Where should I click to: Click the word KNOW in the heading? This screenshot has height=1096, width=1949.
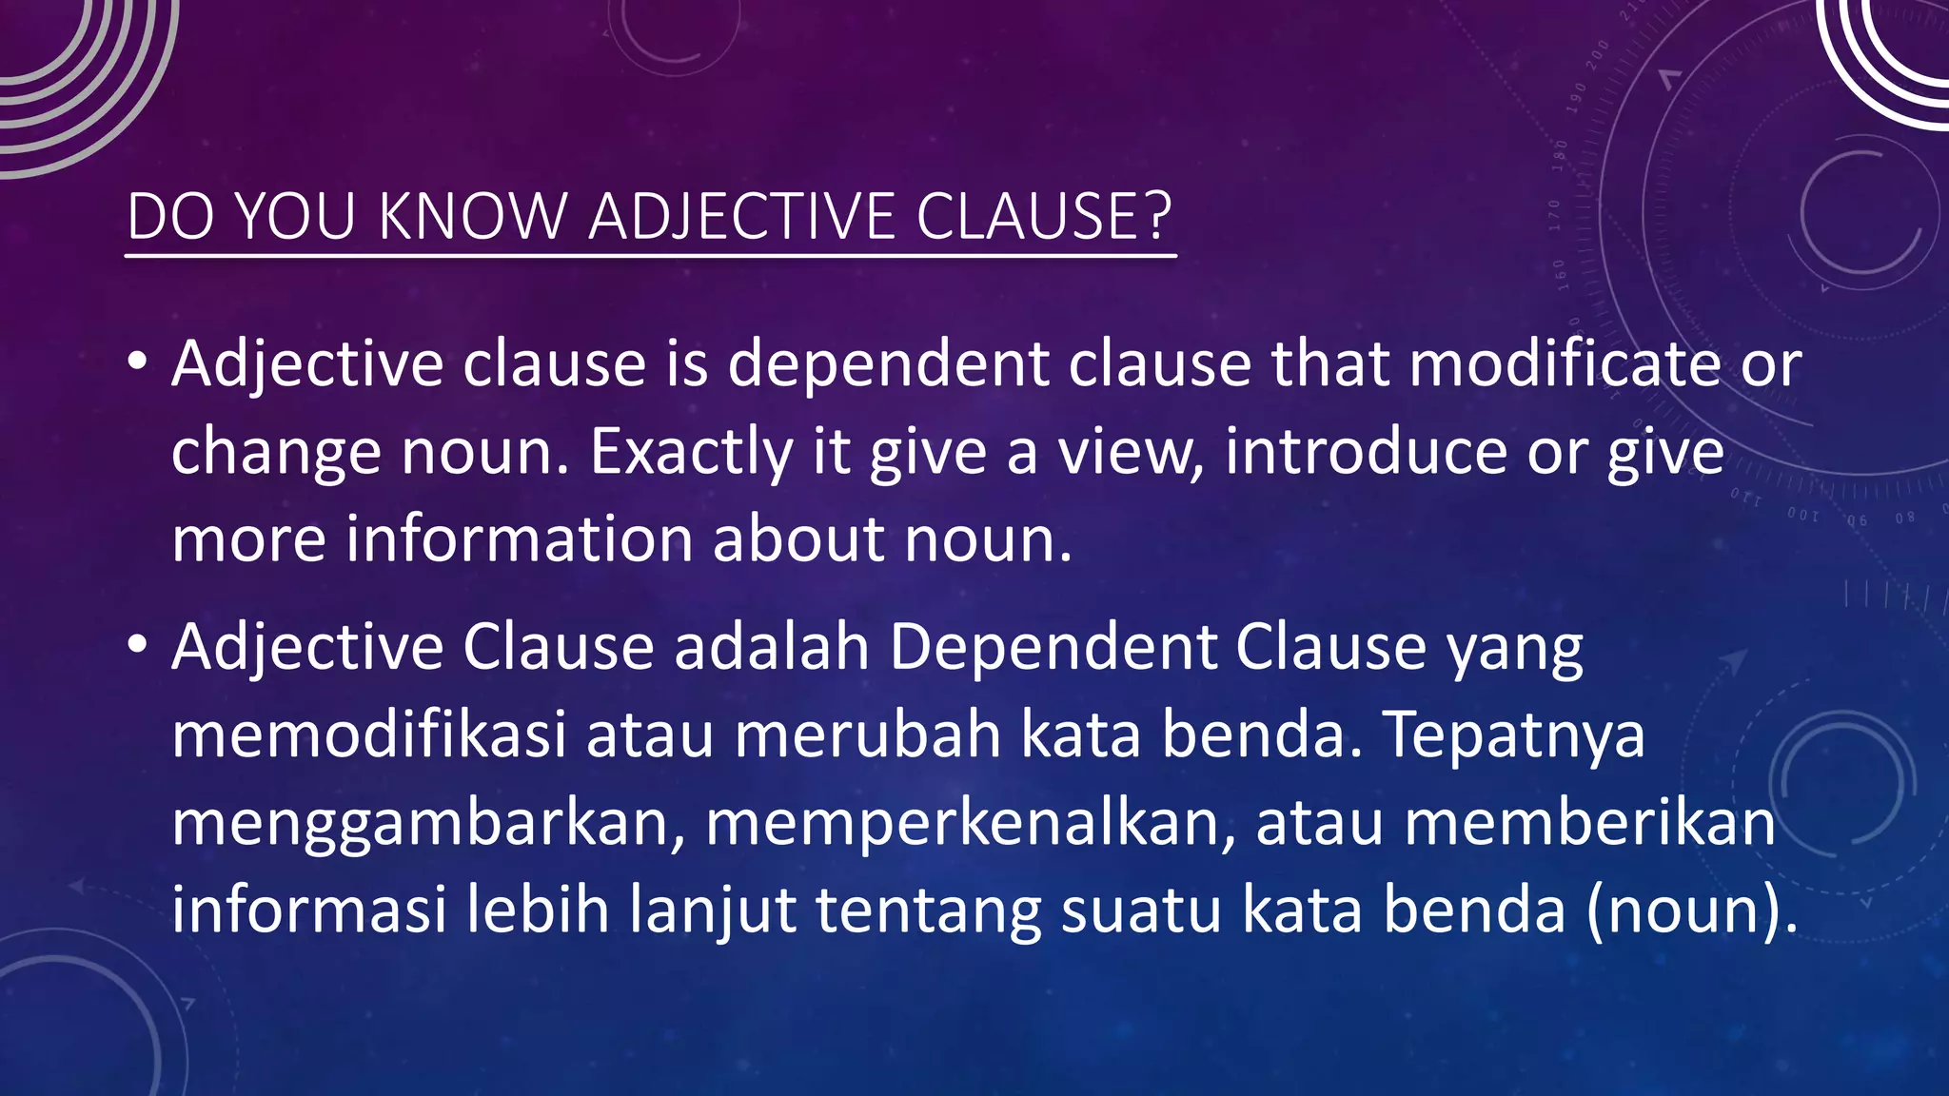pos(472,217)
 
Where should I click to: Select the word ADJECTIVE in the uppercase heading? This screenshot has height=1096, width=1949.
pos(741,217)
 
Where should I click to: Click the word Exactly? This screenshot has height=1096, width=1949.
pos(691,453)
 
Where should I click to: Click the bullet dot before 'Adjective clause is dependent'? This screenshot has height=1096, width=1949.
pos(137,362)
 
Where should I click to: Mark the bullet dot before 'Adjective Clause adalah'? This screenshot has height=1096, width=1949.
pos(137,645)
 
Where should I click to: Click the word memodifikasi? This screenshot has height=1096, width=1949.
pos(369,735)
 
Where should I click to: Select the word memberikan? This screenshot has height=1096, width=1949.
pos(1589,824)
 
